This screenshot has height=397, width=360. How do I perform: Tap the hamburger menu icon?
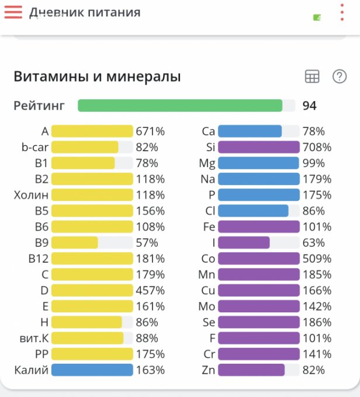13,12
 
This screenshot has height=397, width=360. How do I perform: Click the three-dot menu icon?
342,12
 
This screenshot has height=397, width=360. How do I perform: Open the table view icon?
312,76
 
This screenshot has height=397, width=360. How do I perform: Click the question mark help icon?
340,76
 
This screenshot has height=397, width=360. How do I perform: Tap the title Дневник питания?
85,12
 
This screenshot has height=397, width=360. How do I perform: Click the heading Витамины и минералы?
97,76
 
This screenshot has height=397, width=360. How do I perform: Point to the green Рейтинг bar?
180,106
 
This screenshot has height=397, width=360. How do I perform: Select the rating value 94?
309,106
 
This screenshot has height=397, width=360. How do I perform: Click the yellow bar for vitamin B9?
75,242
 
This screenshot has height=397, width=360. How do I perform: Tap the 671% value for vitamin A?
150,131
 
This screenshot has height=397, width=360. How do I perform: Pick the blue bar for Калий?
92,370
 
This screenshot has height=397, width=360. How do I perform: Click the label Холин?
31,195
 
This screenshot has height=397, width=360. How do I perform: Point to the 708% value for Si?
317,147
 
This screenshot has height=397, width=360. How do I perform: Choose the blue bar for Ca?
250,131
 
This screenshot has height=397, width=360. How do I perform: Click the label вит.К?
33,338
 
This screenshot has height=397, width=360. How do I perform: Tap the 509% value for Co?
317,259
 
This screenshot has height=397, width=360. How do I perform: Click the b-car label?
35,147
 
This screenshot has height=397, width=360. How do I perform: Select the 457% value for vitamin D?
150,290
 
